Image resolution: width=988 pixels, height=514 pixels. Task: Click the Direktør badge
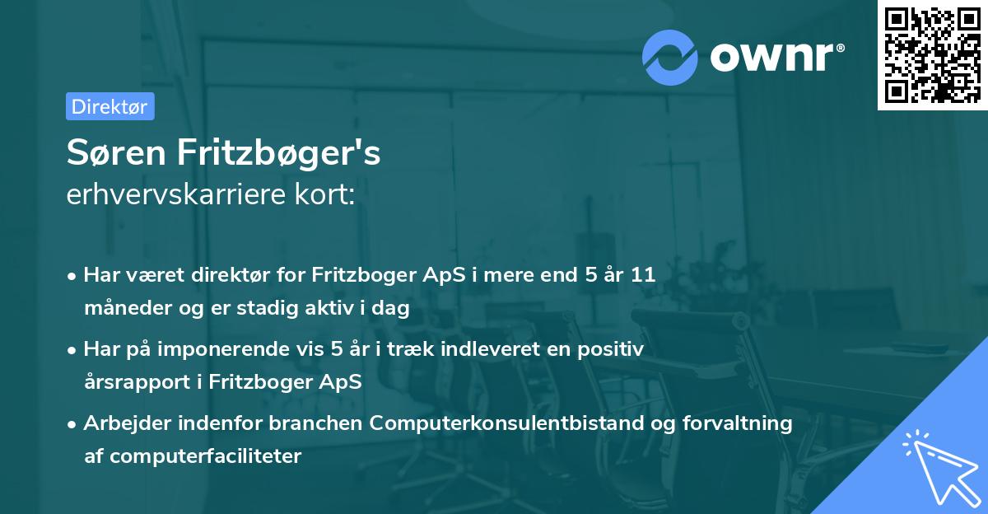[110, 106]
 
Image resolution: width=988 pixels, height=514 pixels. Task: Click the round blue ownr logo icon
[670, 58]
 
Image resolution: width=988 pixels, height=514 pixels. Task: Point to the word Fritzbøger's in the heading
[279, 154]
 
